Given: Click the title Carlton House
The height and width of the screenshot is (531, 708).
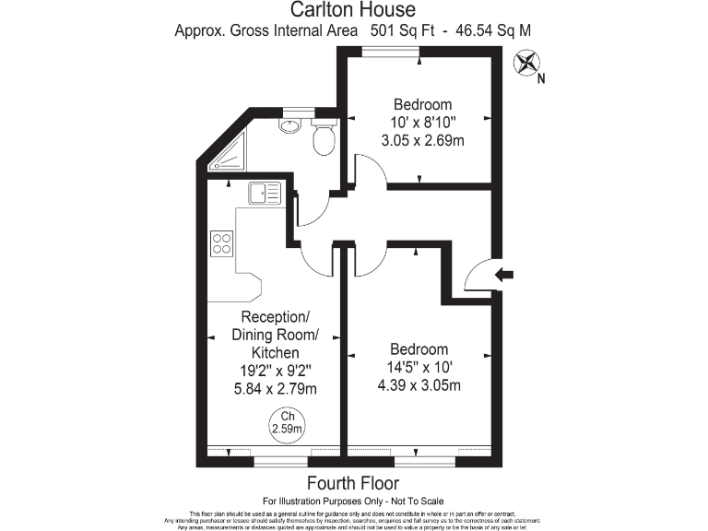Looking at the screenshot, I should pyautogui.click(x=353, y=10).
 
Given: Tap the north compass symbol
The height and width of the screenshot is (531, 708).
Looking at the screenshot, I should pyautogui.click(x=528, y=64).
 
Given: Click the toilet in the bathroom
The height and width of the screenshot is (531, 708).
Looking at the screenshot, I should pyautogui.click(x=324, y=137).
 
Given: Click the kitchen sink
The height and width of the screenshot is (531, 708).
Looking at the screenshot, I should pyautogui.click(x=265, y=194).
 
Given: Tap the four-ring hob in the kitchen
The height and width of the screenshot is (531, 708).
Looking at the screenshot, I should pyautogui.click(x=222, y=242).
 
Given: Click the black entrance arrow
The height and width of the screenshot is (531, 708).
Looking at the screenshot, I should pyautogui.click(x=506, y=274).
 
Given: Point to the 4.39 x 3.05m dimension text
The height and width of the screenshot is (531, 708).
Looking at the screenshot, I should pyautogui.click(x=419, y=384).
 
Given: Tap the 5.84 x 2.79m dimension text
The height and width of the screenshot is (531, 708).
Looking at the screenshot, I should pyautogui.click(x=276, y=389).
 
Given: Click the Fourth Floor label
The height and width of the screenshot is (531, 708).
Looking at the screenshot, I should pyautogui.click(x=353, y=483).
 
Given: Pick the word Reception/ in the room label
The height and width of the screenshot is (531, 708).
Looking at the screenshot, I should pyautogui.click(x=275, y=316).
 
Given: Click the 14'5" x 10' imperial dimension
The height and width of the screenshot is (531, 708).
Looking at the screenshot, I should pyautogui.click(x=419, y=367).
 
